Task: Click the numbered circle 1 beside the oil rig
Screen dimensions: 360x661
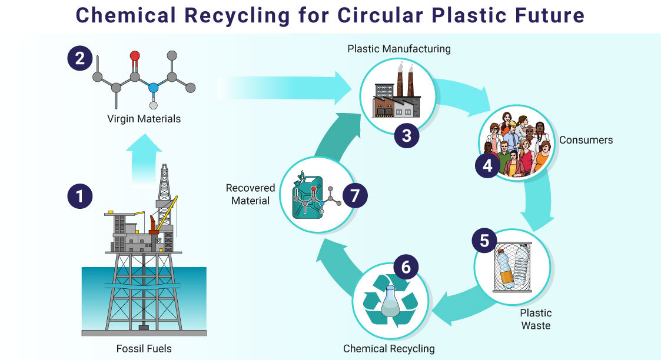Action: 80,195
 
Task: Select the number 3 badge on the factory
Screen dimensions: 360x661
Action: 406,135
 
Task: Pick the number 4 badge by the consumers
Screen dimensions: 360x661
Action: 487,166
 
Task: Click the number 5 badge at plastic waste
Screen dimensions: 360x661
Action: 484,241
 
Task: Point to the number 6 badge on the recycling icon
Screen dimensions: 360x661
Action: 406,266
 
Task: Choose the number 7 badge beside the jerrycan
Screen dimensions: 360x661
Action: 354,195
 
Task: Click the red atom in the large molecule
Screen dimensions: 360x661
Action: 135,56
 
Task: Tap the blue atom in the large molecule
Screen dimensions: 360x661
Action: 154,88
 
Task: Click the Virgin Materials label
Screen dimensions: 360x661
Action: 144,119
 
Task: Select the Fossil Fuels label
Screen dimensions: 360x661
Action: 144,348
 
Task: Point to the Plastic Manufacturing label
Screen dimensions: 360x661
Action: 398,49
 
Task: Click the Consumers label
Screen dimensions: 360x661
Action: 586,140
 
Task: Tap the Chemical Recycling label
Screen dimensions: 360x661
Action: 389,348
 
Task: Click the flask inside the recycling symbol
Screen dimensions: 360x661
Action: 390,302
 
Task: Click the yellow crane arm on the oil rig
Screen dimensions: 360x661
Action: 168,206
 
